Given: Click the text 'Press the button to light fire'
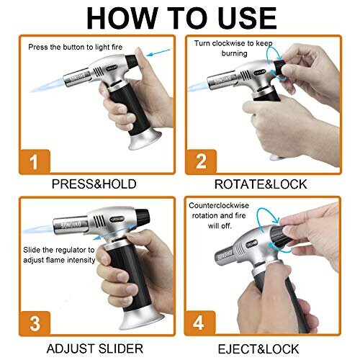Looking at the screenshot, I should pos(76,48).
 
